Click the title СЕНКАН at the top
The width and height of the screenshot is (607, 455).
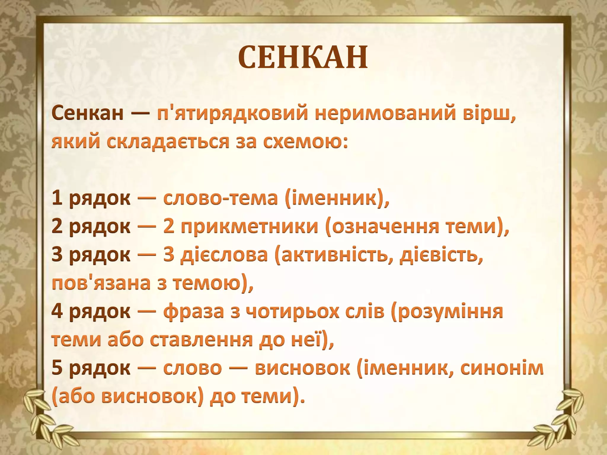click(x=303, y=57)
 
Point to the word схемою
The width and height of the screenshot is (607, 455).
click(x=305, y=141)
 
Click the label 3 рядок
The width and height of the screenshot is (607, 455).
click(x=91, y=254)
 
